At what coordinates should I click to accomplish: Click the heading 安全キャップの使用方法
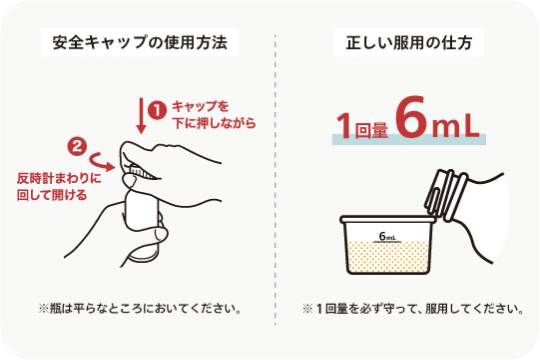(x=139, y=42)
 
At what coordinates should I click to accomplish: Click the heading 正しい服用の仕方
(x=409, y=42)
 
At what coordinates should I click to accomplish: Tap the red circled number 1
(x=157, y=110)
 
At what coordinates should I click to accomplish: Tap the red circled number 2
(x=77, y=147)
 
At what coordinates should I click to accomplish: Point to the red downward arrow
(x=141, y=115)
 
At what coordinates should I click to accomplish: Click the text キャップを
(x=200, y=106)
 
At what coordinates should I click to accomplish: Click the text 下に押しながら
(x=214, y=123)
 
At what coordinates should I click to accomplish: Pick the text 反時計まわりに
(x=59, y=178)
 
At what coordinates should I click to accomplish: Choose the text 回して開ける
(x=51, y=195)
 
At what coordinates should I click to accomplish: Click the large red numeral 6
(x=410, y=116)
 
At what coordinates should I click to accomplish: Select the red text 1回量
(x=362, y=126)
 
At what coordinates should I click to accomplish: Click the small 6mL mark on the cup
(x=387, y=236)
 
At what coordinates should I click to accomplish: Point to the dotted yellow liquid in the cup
(x=388, y=256)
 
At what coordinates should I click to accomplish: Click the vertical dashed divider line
(x=275, y=179)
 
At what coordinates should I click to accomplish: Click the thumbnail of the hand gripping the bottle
(x=142, y=203)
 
